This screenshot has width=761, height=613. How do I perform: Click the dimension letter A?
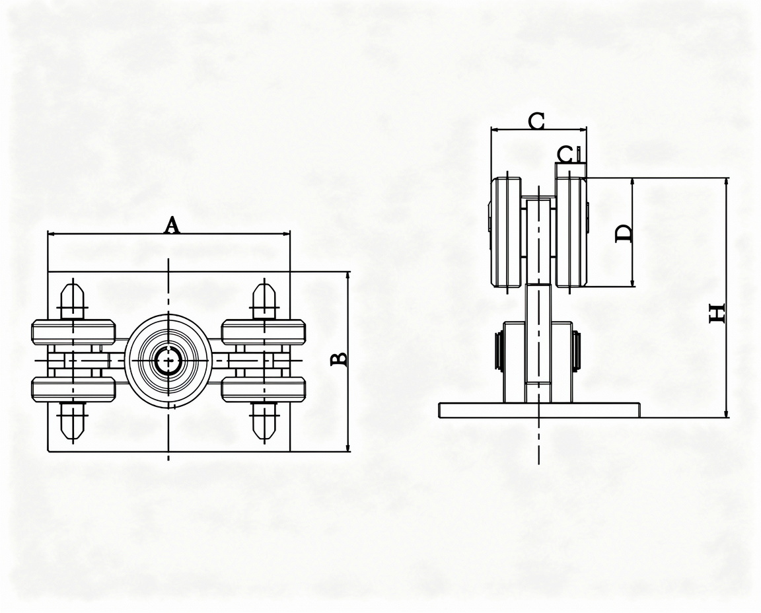[171, 225]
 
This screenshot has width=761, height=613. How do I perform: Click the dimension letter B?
[339, 359]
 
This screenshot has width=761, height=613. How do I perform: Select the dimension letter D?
[624, 233]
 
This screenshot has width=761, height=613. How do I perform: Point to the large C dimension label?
[536, 121]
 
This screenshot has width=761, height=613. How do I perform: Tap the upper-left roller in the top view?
[74, 332]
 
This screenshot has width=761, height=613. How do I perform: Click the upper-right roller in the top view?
[264, 332]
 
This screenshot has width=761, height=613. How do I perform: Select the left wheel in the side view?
[507, 232]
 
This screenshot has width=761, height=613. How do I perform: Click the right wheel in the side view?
[571, 232]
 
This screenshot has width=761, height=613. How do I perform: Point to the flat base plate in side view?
[539, 410]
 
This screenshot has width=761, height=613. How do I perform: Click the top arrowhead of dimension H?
[726, 182]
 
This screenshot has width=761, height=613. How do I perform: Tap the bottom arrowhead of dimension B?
[347, 447]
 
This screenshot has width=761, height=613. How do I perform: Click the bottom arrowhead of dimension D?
[632, 282]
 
